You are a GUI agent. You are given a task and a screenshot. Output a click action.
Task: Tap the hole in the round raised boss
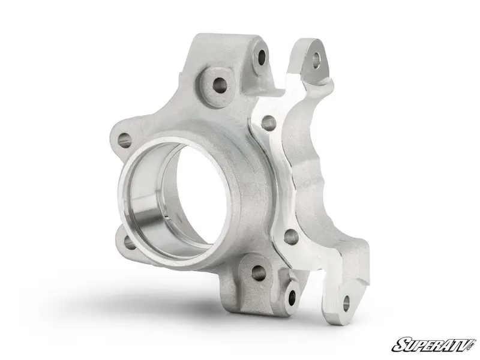pos(220,85)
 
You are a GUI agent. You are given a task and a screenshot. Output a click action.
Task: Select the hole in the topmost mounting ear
pos(262,56)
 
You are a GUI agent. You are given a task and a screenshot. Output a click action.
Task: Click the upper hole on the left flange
pos(125,140)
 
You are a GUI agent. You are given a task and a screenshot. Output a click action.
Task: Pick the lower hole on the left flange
pos(130,243)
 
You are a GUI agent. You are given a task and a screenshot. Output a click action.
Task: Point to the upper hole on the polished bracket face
pos(269,124)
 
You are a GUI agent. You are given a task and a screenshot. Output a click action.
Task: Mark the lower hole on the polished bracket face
pos(291,237)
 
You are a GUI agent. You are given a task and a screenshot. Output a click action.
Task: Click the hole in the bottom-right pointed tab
pos(346,303)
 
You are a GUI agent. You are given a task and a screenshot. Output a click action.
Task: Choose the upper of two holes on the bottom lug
pos(258,273)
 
